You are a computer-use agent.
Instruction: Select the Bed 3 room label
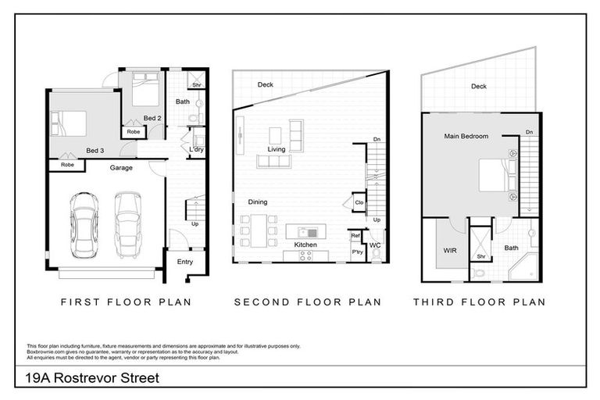coord(95,150)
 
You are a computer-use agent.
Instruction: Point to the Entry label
coord(185,262)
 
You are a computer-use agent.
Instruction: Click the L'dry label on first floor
coord(197,149)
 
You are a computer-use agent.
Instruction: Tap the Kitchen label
coord(305,245)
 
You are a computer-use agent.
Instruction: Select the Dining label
coord(258,202)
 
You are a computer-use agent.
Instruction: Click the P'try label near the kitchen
coord(357,252)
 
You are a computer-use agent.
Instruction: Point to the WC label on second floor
coord(375,245)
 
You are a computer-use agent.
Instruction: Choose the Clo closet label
coord(359,202)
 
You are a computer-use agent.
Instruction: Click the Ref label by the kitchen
coord(355,235)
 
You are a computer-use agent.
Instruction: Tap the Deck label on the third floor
coord(479,87)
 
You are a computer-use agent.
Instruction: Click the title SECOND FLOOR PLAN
coord(307,302)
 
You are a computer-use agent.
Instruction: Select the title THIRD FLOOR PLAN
coord(478,302)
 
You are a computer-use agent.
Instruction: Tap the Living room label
coord(277,148)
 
